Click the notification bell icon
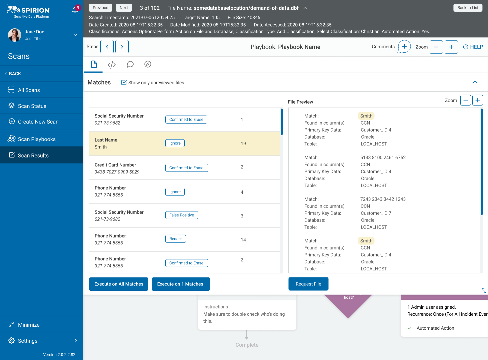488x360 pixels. coord(75,10)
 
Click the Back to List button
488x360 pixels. coord(468,8)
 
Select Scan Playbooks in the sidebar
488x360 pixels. coord(37,139)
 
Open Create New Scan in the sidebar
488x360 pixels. coord(38,122)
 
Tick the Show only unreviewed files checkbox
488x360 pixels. coord(124,83)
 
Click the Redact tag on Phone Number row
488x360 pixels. coord(176,239)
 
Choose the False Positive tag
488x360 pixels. coord(181,215)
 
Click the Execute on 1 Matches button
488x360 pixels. coord(180,284)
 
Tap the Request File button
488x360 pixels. coord(308,284)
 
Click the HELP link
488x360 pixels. coord(473,47)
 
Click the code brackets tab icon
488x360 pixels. coord(112,65)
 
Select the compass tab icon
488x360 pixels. coord(148,64)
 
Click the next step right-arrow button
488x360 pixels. coord(122,47)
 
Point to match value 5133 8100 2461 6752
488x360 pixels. coord(383,158)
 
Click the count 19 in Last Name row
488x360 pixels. coord(243,144)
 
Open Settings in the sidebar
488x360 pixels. coord(28,341)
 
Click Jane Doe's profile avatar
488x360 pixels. coord(15,35)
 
